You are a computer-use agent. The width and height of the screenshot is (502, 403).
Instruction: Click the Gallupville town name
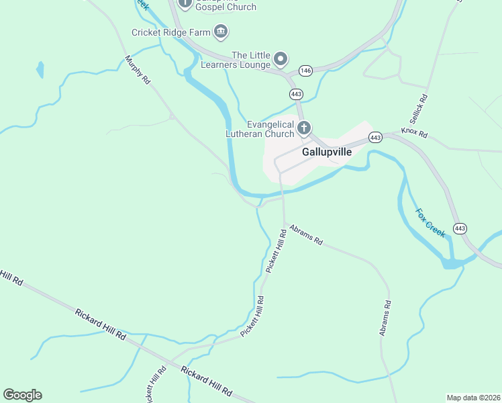click(x=327, y=152)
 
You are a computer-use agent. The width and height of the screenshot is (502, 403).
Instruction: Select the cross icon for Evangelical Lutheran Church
click(x=304, y=128)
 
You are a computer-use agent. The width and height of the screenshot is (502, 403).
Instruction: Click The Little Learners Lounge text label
click(x=251, y=60)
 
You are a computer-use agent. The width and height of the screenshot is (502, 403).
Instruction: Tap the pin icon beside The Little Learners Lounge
click(x=281, y=59)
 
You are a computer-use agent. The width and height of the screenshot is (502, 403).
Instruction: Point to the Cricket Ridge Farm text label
click(x=170, y=32)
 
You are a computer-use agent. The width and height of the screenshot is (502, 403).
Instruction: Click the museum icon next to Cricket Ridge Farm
click(x=220, y=31)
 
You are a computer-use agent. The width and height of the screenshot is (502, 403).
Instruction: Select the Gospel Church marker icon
click(x=185, y=3)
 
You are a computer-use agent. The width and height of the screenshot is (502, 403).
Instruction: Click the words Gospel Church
click(x=226, y=7)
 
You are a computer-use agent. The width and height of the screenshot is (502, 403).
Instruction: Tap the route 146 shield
click(x=306, y=71)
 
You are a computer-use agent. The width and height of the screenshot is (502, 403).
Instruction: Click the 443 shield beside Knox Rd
click(x=375, y=138)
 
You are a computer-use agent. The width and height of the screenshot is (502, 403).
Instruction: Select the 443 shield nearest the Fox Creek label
click(x=460, y=228)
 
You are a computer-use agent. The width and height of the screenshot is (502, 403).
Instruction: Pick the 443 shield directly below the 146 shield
click(x=295, y=93)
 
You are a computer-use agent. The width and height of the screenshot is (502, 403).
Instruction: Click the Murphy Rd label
click(x=138, y=70)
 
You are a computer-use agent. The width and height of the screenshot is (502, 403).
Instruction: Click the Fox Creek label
click(x=430, y=223)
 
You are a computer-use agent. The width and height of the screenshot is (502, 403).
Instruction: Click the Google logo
click(x=22, y=395)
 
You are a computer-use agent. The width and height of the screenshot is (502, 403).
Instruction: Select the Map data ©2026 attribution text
click(x=472, y=398)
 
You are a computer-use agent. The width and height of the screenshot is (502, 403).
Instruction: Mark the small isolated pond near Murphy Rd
click(x=40, y=69)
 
